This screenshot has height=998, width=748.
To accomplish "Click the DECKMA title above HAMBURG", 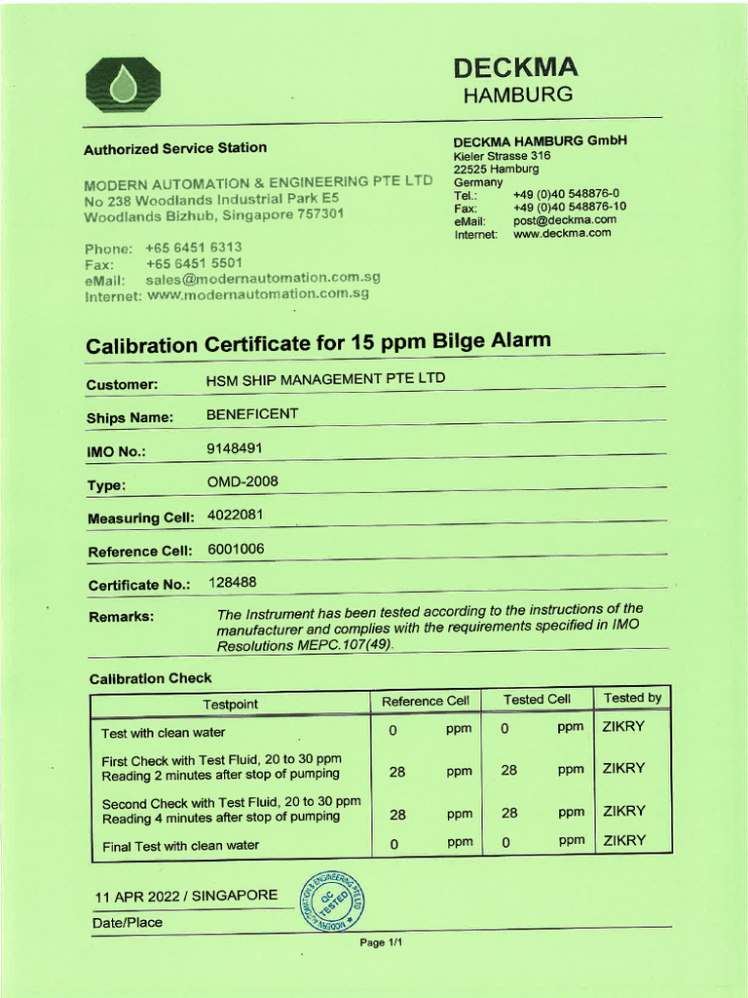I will point(515,67).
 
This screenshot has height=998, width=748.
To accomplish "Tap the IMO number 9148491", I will point(235,448).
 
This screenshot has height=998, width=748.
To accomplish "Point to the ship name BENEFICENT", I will point(252,414).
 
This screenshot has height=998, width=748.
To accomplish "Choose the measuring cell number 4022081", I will point(236,514).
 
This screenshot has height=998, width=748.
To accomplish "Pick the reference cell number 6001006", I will point(236,549).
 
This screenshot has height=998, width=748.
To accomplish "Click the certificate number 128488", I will point(233,582).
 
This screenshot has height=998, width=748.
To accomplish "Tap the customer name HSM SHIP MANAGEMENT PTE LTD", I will point(325,379).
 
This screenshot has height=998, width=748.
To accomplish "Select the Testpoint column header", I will point(231,704).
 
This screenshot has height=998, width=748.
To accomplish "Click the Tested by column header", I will point(632,698).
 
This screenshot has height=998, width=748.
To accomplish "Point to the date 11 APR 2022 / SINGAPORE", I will point(186,896).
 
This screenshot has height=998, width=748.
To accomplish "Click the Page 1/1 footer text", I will point(381,942).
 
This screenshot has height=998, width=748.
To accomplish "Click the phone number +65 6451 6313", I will point(194,248).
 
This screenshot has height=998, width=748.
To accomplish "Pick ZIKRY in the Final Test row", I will point(623,840).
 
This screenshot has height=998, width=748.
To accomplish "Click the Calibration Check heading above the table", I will point(150,678).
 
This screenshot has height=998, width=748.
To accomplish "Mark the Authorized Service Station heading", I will point(175,148).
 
